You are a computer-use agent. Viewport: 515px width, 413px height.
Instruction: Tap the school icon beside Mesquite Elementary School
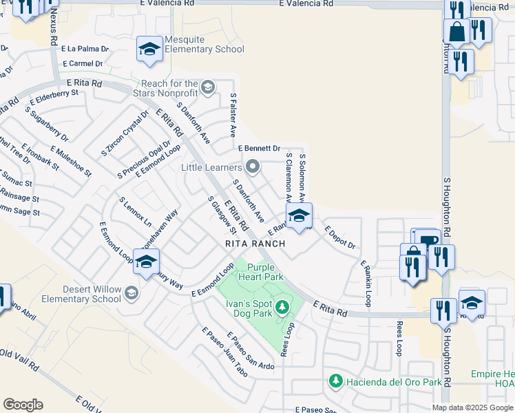tap(149, 48)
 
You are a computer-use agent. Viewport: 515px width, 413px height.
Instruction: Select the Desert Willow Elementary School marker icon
tap(131, 295)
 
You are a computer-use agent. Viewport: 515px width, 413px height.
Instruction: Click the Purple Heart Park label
tap(260, 272)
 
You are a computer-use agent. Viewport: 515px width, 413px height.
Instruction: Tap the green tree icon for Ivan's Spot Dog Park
tap(281, 306)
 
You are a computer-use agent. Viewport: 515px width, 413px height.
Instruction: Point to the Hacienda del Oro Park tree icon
tap(335, 380)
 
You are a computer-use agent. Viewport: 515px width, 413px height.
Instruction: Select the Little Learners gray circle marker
tap(253, 166)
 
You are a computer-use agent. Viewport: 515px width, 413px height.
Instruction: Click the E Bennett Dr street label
tap(259, 148)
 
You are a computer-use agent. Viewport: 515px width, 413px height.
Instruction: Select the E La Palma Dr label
tap(85, 49)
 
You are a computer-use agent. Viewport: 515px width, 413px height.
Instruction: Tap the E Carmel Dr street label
tap(81, 63)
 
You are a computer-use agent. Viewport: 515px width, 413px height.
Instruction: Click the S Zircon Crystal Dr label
tap(125, 133)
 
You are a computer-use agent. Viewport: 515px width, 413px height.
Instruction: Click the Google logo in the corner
tap(23, 405)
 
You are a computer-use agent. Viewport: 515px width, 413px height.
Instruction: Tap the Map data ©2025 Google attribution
tap(472, 407)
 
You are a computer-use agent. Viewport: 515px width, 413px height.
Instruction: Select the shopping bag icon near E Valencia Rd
tap(456, 31)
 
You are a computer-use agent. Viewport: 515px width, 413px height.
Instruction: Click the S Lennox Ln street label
tap(134, 212)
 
